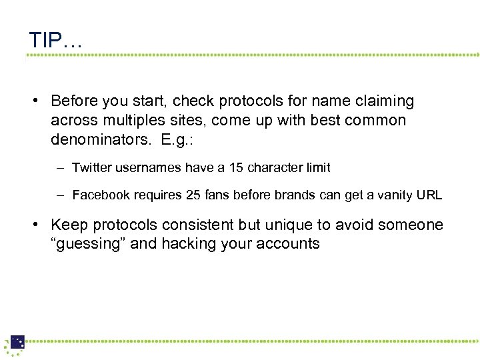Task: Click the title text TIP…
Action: (55, 40)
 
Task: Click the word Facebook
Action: (101, 195)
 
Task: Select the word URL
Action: (429, 195)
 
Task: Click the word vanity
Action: (389, 195)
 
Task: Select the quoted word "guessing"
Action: (88, 244)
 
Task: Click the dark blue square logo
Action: (17, 342)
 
